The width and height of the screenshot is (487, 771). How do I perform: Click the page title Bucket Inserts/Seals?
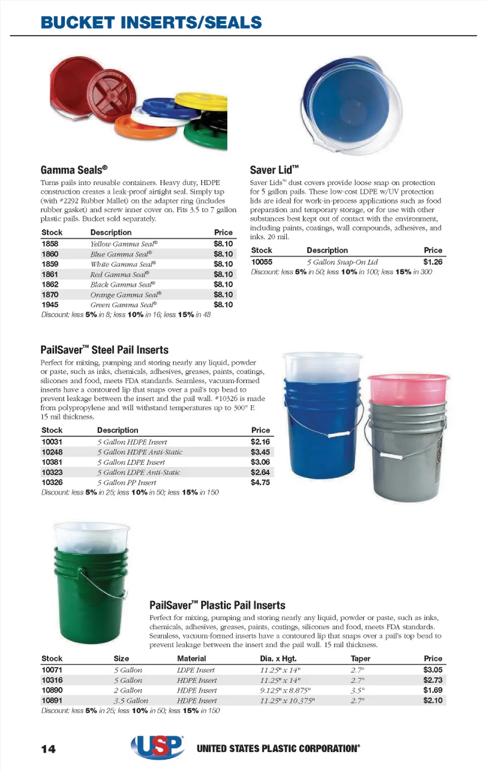151,23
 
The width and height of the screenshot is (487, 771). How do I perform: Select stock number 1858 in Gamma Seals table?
50,244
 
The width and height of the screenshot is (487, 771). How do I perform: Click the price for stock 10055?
433,262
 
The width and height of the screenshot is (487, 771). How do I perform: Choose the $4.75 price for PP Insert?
260,482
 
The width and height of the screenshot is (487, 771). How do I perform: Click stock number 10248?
52,452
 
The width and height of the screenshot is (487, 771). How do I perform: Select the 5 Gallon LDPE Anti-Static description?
138,472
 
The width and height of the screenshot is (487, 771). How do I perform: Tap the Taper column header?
360,658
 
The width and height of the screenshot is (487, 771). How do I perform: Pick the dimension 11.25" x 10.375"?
287,700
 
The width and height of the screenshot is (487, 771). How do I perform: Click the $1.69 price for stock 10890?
433,690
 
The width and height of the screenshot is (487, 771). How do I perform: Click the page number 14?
49,749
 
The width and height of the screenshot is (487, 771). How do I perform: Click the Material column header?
191,658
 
